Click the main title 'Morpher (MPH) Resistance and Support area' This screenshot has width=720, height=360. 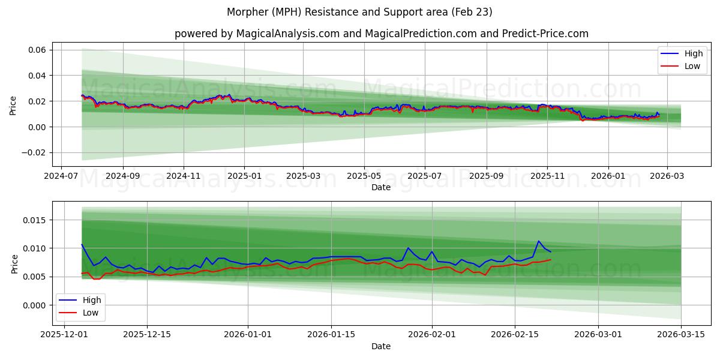tap(359, 12)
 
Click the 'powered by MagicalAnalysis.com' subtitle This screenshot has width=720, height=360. tap(381, 34)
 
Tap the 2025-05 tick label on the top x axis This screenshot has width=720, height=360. tap(364, 176)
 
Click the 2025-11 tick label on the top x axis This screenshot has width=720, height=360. tap(547, 176)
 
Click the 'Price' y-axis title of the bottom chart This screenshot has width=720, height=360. tap(15, 264)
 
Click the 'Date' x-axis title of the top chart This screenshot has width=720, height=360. tap(381, 187)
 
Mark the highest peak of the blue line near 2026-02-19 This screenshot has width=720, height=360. tap(538, 241)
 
